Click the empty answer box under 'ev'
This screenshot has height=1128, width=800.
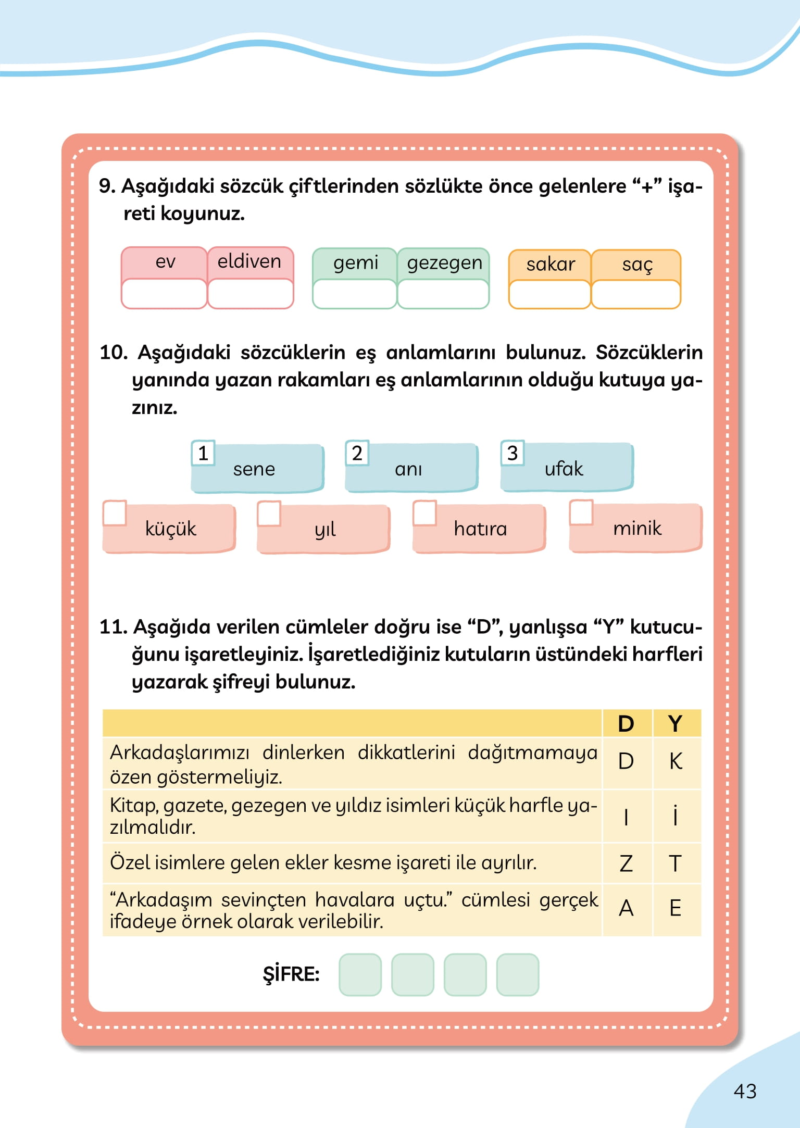point(164,294)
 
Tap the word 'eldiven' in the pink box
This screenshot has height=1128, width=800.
point(249,261)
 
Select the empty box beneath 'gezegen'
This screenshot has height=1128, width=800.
point(443,294)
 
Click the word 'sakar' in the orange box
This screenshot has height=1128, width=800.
point(550,265)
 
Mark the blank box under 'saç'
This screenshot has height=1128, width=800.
point(635,295)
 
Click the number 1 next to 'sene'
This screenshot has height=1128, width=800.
point(203,453)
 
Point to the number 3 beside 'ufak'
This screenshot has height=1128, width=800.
point(512,453)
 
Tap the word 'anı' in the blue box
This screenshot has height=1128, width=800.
point(408,469)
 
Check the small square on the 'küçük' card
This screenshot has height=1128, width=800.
point(115,513)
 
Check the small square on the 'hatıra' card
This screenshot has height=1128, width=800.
point(424,513)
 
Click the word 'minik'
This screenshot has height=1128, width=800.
point(637,529)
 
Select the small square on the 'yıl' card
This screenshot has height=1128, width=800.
point(269,513)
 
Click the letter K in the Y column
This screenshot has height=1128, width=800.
point(676,762)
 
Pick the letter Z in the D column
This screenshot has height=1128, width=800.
point(626,864)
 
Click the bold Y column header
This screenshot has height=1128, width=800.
point(676,724)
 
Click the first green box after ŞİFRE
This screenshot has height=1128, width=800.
point(360,974)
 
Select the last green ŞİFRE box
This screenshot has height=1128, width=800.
point(517,974)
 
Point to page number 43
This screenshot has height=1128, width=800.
point(745,1092)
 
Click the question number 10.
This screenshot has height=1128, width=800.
point(114,353)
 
